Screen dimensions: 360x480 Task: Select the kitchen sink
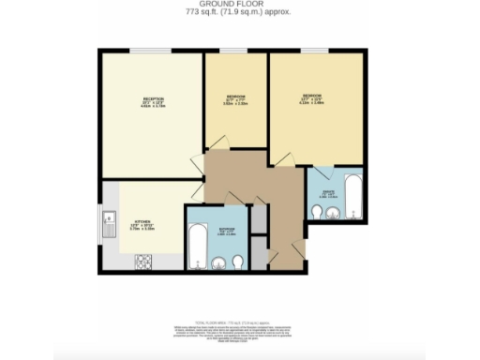(108, 222)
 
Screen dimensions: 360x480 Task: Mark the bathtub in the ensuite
(352, 195)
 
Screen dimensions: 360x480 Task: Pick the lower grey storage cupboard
(260, 254)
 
